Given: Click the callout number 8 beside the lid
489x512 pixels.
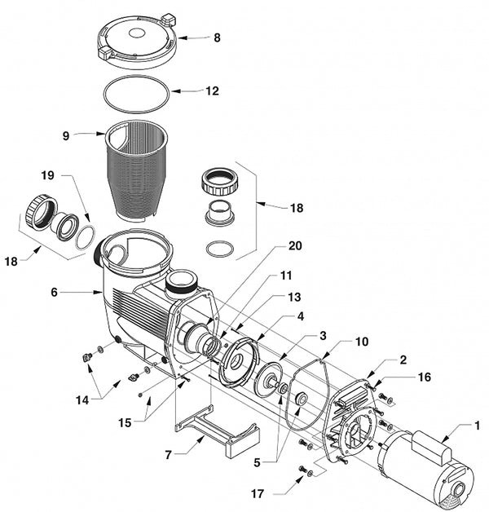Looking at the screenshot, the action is point(217,38).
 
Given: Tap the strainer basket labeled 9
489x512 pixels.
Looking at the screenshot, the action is point(136,170).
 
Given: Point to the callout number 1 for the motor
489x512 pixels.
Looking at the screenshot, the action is point(478,426).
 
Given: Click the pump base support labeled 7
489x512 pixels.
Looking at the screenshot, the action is point(217,431).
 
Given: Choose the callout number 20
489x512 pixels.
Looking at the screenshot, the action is point(295,245).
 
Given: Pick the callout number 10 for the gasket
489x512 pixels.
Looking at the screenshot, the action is point(361,342).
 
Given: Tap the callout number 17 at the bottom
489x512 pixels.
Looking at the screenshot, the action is point(258,494).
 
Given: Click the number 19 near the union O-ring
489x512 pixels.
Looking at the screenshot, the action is point(47,175).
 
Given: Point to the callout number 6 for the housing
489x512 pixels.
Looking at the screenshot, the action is point(54,292).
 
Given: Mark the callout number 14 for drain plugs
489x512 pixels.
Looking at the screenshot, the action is point(82,399).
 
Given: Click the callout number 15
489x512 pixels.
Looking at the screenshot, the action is point(125,423).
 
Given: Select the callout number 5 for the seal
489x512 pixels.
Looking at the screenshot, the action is point(257,462).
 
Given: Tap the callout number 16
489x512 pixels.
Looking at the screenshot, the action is point(425,377).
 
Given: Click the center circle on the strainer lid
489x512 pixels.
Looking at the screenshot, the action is point(136,33).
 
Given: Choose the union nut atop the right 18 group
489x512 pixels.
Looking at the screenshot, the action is point(220,182).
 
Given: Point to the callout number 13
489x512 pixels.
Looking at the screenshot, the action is point(294,297).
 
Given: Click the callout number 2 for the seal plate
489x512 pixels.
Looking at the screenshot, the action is point(403,360).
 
